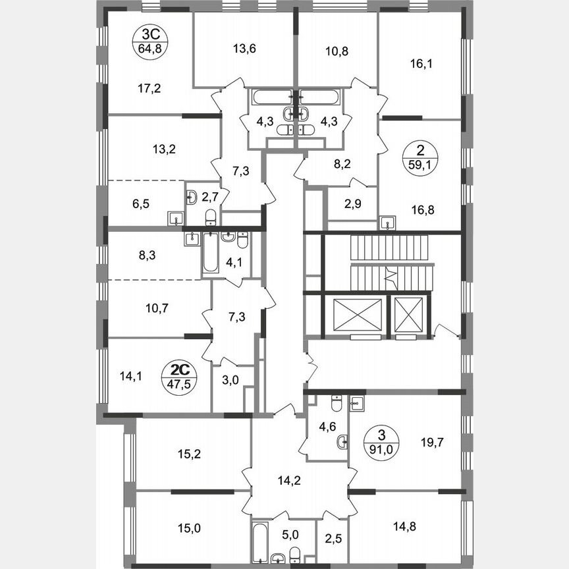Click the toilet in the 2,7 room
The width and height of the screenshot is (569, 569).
(210, 217)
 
